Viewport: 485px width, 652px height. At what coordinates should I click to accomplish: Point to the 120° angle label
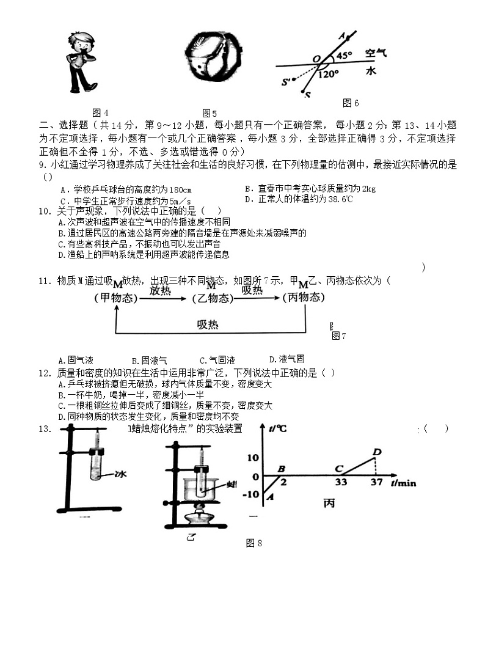coord(329,75)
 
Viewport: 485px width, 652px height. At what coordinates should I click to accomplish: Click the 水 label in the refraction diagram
coord(371,71)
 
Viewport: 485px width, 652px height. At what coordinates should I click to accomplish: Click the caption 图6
coord(351,103)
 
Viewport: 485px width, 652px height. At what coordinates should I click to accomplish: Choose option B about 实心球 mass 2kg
coord(310,188)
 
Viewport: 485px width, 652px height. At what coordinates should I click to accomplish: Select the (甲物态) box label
coord(114,298)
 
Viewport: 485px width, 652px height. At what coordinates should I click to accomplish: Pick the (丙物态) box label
coord(304,298)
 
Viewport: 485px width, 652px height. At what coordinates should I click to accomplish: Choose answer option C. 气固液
coord(217,360)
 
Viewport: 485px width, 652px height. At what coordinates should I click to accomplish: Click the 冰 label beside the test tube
coord(120,473)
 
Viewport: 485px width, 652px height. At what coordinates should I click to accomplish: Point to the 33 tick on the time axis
coord(341,482)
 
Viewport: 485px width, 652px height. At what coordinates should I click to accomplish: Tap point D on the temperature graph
coord(377,452)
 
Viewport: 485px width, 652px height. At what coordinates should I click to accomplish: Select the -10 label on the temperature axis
coord(250,494)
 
